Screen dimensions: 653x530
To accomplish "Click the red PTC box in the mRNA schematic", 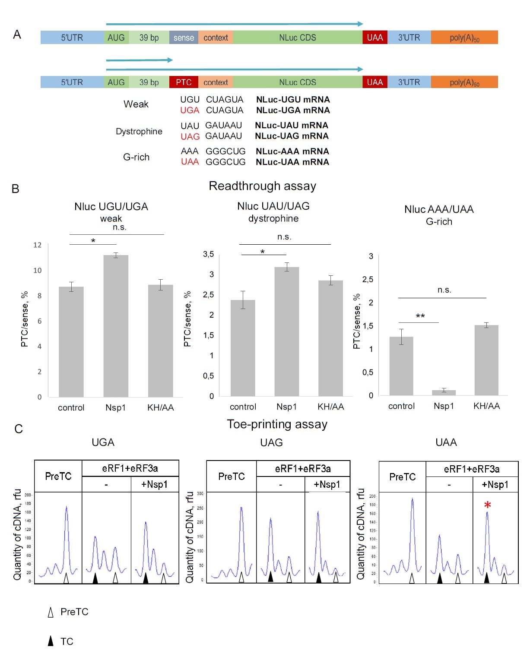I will tap(184, 82).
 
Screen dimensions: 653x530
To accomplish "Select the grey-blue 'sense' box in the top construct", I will tap(184, 38).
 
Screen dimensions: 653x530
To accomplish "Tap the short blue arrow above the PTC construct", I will tap(139, 60).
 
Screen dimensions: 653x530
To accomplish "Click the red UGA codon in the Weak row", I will tap(190, 110).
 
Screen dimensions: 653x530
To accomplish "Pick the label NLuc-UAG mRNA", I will tap(292, 136).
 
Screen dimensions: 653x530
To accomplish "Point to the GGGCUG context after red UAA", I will tap(225, 162).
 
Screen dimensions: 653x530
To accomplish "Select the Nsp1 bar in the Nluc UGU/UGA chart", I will tap(116, 326).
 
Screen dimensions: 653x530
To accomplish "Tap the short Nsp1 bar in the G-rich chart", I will tap(444, 392).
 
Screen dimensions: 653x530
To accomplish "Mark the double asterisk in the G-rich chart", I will tap(420, 316).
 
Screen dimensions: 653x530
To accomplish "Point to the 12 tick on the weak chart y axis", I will tap(38, 245).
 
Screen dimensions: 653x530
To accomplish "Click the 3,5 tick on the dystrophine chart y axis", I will tap(208, 254).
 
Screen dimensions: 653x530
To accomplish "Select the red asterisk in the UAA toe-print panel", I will tap(487, 505).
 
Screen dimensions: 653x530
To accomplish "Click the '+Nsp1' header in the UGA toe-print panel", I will tap(154, 484).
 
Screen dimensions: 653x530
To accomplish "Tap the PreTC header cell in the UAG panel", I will tap(232, 476).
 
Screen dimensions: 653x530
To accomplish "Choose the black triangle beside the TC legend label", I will tap(51, 641).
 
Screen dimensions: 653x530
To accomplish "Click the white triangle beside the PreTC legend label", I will tap(51, 612).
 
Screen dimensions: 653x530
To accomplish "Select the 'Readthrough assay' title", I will tap(262, 186).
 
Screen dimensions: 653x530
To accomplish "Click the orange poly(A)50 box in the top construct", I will tap(464, 38).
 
